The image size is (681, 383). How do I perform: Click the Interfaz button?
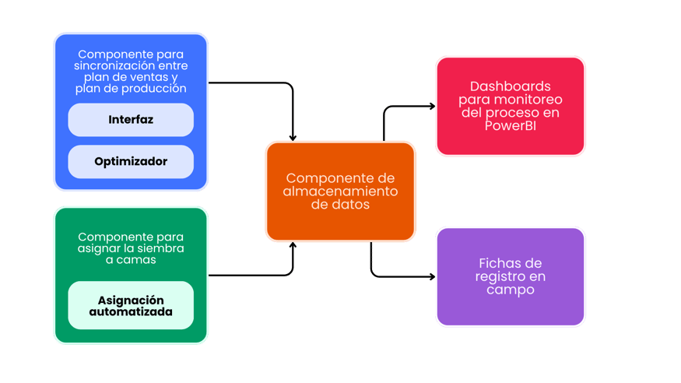click(x=131, y=121)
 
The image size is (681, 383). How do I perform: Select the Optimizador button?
click(x=131, y=162)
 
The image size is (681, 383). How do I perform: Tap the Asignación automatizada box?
click(x=131, y=305)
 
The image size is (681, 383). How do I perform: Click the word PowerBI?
click(x=510, y=126)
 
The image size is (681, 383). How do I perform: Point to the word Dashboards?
click(x=510, y=86)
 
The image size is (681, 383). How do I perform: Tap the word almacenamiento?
click(x=340, y=191)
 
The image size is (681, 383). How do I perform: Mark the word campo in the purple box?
click(x=510, y=290)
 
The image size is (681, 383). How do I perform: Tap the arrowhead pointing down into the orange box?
click(x=293, y=137)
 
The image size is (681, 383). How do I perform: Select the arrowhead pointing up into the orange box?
click(x=293, y=246)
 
